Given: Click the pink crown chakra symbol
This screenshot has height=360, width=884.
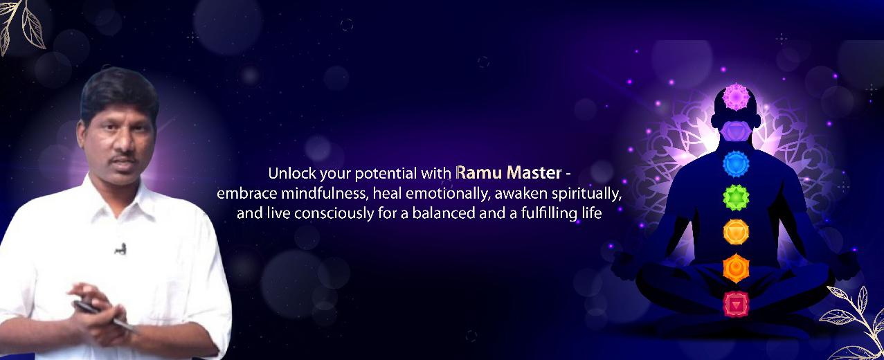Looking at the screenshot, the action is point(736,96).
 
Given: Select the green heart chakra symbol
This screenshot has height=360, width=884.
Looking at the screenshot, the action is point(736,197).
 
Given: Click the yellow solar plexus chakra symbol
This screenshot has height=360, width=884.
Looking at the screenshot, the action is point(736,232).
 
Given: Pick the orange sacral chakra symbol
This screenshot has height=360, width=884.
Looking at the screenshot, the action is point(736,268).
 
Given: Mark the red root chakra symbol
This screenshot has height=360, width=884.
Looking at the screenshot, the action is point(736,305).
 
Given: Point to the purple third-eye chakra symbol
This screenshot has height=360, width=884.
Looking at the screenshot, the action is point(736,131).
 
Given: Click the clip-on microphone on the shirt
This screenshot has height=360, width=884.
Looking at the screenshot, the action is point(120,249).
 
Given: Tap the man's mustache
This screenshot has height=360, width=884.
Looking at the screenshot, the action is point(123,159).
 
